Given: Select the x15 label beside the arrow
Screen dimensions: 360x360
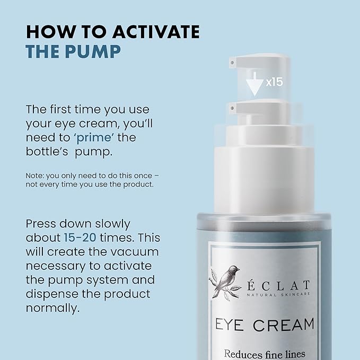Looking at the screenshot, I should click(274, 82).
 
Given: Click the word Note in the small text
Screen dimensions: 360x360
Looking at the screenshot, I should click(33, 175).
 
